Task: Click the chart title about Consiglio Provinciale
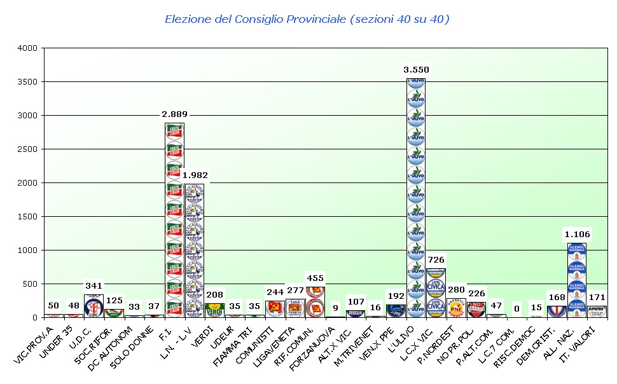coord(307,19)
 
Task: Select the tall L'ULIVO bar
coord(415,197)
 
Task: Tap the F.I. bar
coord(174,219)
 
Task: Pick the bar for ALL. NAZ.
coord(576,280)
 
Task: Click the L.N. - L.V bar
coord(195,250)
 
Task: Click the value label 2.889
coord(174,113)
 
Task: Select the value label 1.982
coord(195,175)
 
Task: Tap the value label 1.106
coord(576,234)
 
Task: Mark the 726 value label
coord(436,259)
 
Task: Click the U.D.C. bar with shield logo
coord(94,306)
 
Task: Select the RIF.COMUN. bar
coord(315,301)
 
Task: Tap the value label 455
coord(315,278)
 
